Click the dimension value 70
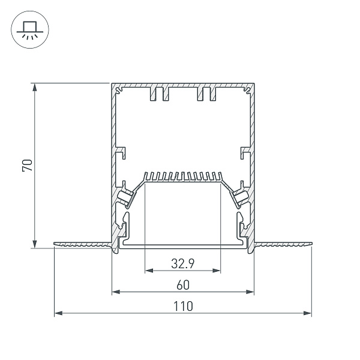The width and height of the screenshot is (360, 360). pos(28,165)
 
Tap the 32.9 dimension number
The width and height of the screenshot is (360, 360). pos(183,263)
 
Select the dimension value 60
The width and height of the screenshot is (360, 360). pos(183,285)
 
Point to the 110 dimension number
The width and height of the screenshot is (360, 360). pos(183,306)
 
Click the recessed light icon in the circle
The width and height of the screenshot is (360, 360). pos(30,29)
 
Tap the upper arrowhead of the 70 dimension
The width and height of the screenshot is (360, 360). pos(35,88)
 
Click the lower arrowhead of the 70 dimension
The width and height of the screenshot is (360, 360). pos(35,244)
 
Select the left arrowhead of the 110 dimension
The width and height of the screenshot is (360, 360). pos(59,313)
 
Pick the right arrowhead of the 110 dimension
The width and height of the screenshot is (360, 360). pos(307,313)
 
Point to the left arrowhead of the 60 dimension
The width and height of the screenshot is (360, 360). pos(116,292)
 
